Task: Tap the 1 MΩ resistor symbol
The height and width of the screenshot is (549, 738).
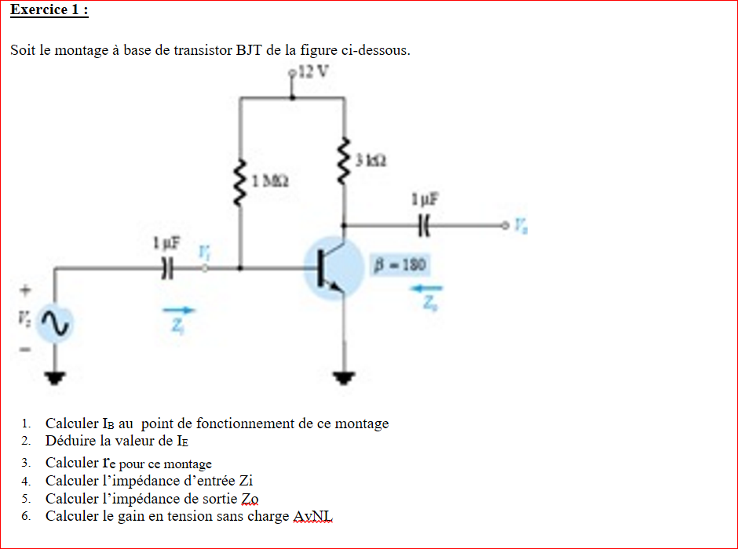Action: point(240,182)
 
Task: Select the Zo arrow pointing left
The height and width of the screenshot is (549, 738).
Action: point(429,288)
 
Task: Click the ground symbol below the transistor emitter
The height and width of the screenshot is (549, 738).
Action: point(343,380)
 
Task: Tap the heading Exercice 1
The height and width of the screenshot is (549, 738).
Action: point(49,10)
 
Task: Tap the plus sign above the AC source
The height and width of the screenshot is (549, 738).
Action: point(24,290)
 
